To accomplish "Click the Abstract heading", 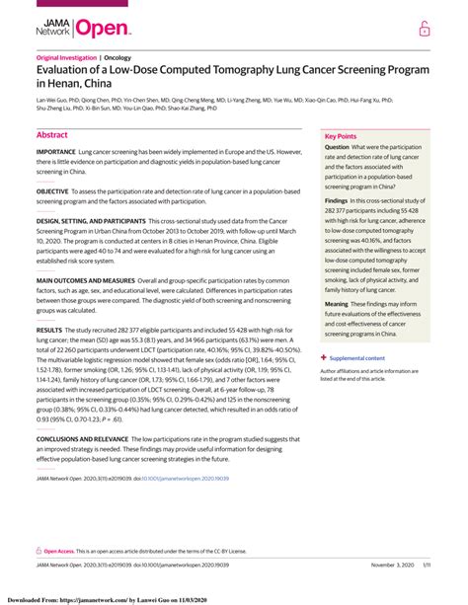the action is pos(51,134).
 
